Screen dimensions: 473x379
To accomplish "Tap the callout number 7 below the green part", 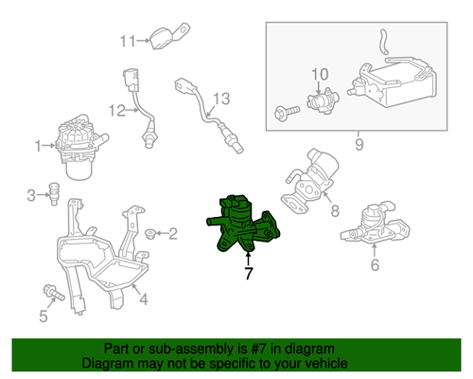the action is click(x=249, y=274).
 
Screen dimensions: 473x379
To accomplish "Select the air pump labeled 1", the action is click(x=80, y=147).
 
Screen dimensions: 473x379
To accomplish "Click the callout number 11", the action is click(x=128, y=41).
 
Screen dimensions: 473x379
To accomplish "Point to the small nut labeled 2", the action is click(x=150, y=234).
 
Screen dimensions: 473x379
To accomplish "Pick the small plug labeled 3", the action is click(x=54, y=193).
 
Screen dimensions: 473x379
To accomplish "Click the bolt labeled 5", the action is click(x=54, y=293).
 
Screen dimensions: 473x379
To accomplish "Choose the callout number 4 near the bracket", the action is click(x=144, y=298).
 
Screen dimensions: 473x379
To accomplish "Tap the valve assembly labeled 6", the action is click(x=375, y=223).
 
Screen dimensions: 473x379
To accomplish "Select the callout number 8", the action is click(x=335, y=210).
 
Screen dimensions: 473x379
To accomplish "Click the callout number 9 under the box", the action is click(x=359, y=145).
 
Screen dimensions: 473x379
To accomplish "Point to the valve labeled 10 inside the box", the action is click(x=323, y=100).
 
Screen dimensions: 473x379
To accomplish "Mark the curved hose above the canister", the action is click(x=383, y=42).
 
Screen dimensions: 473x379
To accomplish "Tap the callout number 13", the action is click(x=221, y=99).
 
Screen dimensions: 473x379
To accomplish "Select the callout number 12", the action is click(x=117, y=111).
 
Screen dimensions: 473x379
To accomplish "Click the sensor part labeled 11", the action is click(x=168, y=36).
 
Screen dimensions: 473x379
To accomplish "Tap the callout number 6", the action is click(x=375, y=264).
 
